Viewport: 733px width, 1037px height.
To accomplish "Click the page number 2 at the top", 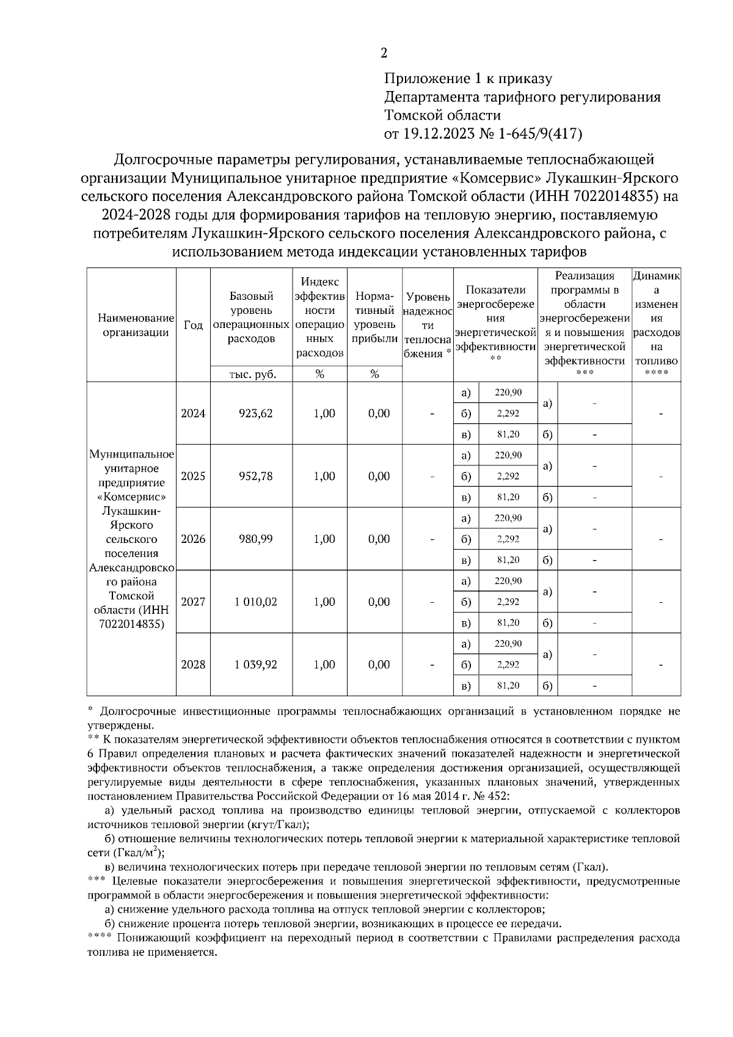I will coord(384,53).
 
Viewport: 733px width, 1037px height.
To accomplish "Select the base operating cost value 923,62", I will coord(251,413).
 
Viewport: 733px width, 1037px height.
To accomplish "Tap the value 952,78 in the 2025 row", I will coord(251,476).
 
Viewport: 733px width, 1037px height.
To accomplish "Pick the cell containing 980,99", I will coord(251,539).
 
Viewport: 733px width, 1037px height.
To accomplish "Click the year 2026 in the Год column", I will coord(193,539).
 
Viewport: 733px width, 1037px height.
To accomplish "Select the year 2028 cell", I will coord(193,665).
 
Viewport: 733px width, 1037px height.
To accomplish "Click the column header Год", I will coord(193,326).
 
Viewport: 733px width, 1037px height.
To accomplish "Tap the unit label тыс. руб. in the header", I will coord(251,374).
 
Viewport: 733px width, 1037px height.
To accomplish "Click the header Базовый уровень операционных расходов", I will coord(251,318).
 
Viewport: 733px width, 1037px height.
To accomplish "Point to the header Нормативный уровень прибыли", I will coord(374,318).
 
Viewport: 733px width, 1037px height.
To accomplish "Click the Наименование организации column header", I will coord(131,326).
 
